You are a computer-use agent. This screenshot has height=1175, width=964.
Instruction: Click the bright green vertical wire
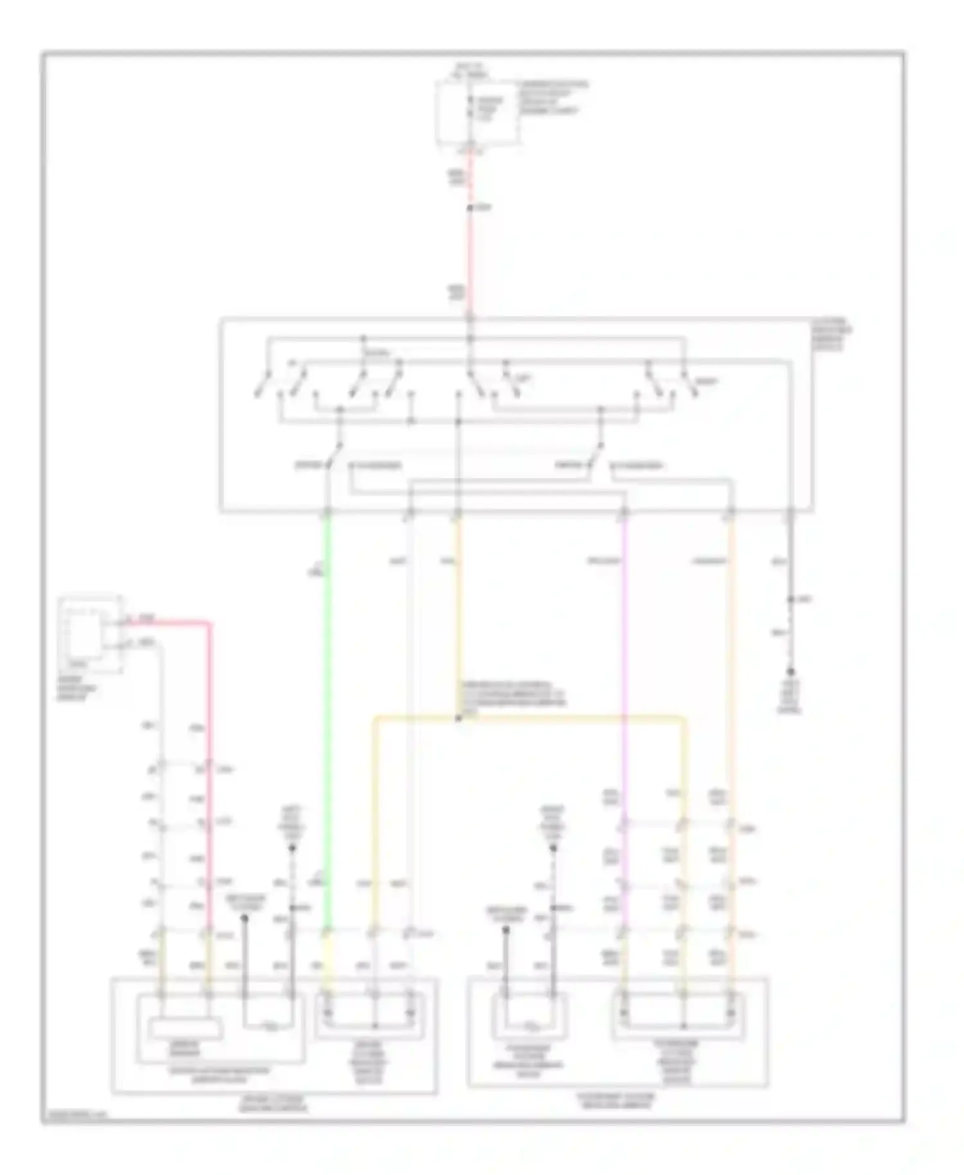coord(328,707)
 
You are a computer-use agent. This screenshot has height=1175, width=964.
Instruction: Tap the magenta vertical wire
coord(624,643)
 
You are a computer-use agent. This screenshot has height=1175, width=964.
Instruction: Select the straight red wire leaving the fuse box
coord(470,257)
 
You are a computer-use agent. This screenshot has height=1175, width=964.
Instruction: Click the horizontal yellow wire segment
coord(527,717)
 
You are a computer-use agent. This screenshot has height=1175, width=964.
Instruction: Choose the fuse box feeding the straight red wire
coord(477,112)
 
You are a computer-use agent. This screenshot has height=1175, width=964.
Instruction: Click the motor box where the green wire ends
coord(369,1016)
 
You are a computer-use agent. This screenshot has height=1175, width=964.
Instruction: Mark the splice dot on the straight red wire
coord(470,208)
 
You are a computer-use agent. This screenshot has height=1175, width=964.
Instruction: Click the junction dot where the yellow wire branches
coord(458,718)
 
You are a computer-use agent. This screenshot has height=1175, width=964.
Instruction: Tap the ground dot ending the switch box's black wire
coord(790,671)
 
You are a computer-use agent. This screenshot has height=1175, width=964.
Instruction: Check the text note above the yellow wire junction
coord(511,694)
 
